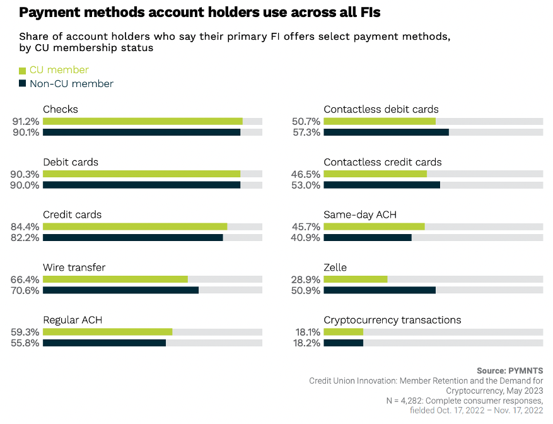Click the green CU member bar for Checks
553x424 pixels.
[x=143, y=121]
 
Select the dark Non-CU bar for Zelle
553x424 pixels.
[x=380, y=290]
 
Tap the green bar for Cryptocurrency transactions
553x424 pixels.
[x=344, y=332]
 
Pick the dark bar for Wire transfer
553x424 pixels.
[x=120, y=290]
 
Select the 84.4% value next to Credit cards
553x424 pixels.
[x=25, y=227]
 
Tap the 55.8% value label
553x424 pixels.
[x=25, y=343]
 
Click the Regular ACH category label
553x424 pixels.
[x=73, y=320]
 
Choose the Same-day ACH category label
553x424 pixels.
[x=360, y=215]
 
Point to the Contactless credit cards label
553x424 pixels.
[x=383, y=162]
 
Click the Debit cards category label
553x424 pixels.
[x=71, y=162]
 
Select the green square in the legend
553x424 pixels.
[x=22, y=71]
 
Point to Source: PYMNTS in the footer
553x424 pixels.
[x=509, y=370]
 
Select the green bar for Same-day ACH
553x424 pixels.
[x=374, y=227]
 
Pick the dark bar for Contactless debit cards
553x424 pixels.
[x=386, y=132]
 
